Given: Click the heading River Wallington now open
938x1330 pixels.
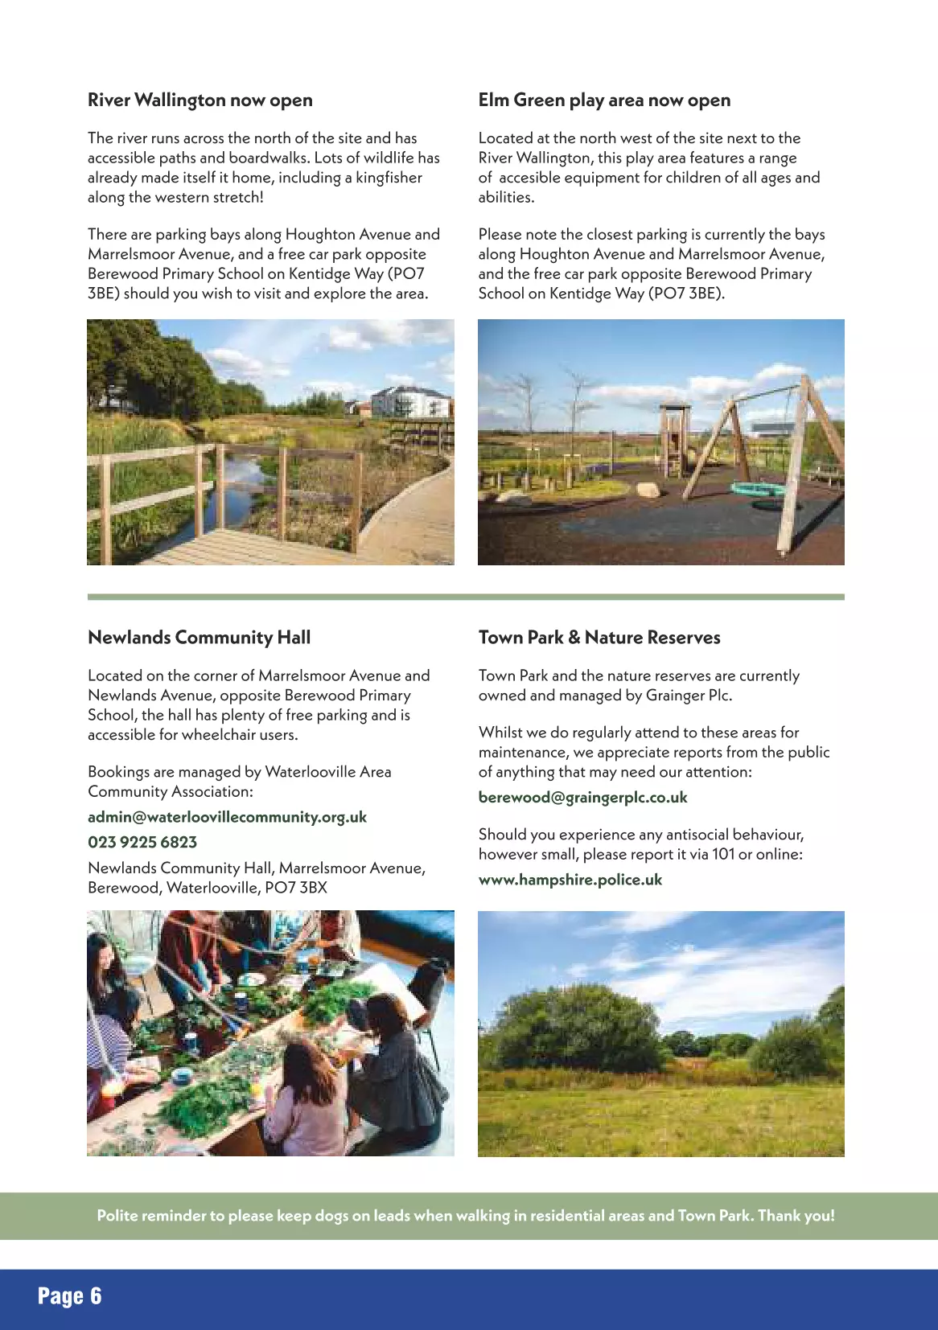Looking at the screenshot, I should tap(200, 101).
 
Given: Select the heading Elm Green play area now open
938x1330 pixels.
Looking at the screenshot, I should tap(604, 101).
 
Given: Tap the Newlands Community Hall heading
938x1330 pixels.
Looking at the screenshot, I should tap(199, 638).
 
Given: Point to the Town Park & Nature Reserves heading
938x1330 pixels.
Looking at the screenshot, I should tap(599, 638).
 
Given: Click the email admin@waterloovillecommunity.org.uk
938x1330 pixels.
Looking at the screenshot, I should tap(227, 817).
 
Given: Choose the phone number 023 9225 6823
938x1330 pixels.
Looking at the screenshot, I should tap(142, 843).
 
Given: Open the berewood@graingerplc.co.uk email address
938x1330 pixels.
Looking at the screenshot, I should tap(582, 798).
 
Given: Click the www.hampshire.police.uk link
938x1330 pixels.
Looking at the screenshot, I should tap(570, 880).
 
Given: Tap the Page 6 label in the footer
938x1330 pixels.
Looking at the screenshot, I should tap(69, 1296).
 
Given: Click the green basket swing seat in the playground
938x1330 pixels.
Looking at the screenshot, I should tap(757, 489).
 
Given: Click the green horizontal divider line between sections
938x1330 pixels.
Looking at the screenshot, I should tap(466, 597).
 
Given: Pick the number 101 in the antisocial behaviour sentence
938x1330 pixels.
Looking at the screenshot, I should tap(723, 854).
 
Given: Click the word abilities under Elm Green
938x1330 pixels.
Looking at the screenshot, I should tap(506, 198).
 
